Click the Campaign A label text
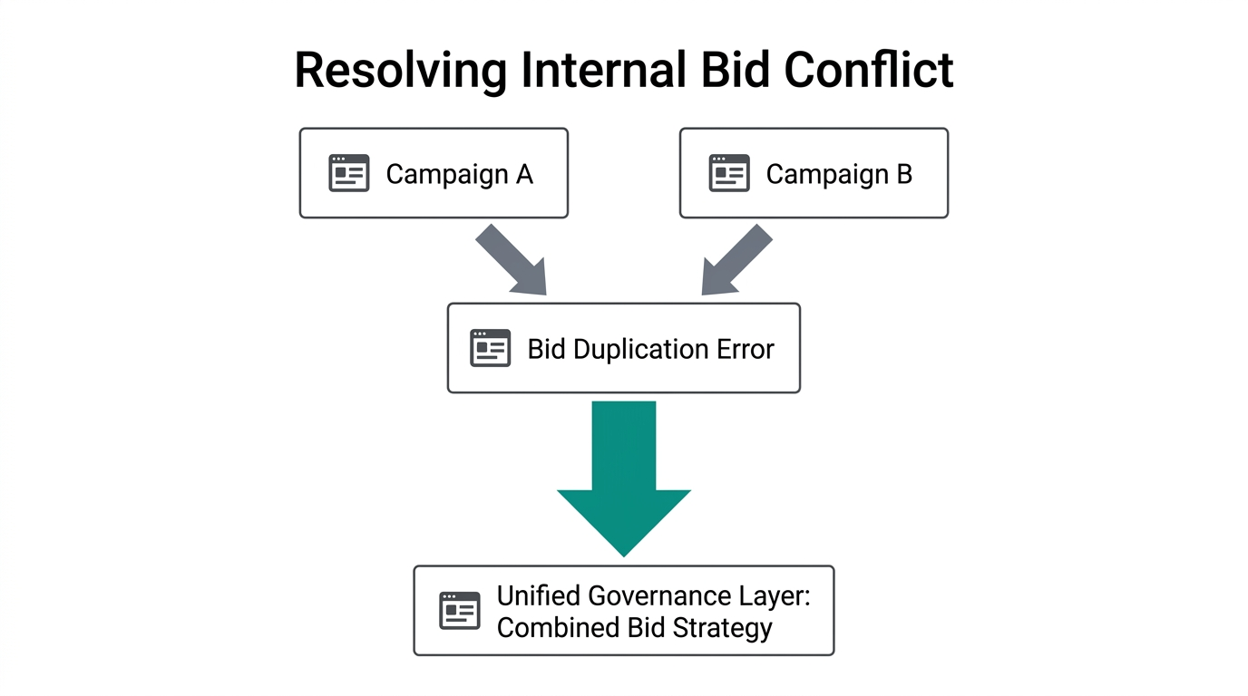pyautogui.click(x=459, y=173)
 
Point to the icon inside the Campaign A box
pyautogui.click(x=348, y=173)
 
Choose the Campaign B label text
pyautogui.click(x=839, y=173)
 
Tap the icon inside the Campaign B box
pyautogui.click(x=729, y=173)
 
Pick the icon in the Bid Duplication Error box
pyautogui.click(x=490, y=348)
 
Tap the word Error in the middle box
pyautogui.click(x=746, y=349)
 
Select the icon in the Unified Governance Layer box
pyautogui.click(x=459, y=611)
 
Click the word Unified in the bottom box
pyautogui.click(x=539, y=596)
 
